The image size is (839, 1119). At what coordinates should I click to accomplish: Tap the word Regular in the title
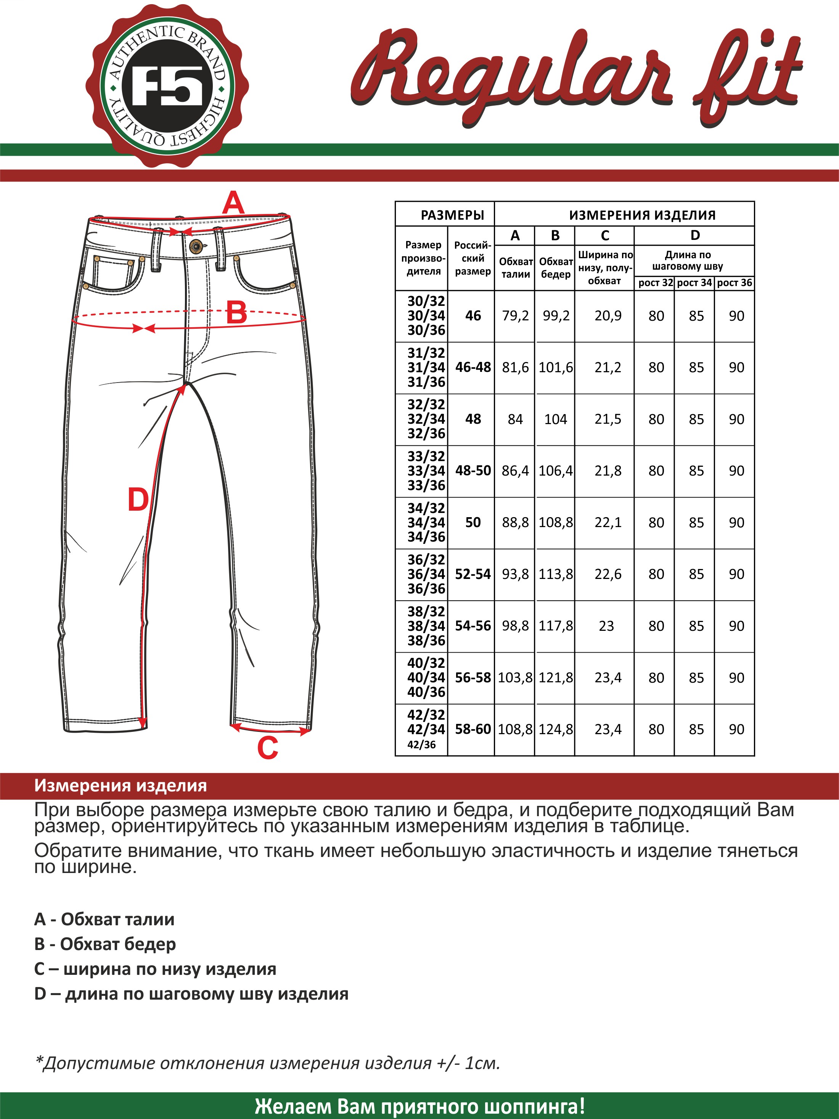(x=511, y=76)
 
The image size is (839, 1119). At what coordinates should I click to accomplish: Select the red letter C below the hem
(x=268, y=748)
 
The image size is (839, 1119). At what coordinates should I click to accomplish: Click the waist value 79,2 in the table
(x=515, y=316)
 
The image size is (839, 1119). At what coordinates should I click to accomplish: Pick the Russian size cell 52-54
(x=473, y=574)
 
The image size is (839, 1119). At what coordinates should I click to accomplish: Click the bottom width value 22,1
(x=608, y=522)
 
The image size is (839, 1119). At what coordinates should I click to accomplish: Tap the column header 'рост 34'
(x=694, y=282)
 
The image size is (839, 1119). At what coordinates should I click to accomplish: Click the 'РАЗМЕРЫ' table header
(x=452, y=215)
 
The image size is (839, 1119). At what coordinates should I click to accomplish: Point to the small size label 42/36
(x=421, y=744)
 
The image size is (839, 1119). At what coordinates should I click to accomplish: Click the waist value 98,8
(x=515, y=626)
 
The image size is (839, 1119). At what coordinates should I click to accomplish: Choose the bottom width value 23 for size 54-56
(x=606, y=626)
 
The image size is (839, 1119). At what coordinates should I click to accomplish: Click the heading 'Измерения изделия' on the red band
(x=121, y=786)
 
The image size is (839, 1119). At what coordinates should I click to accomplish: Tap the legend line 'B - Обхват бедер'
(x=105, y=944)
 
